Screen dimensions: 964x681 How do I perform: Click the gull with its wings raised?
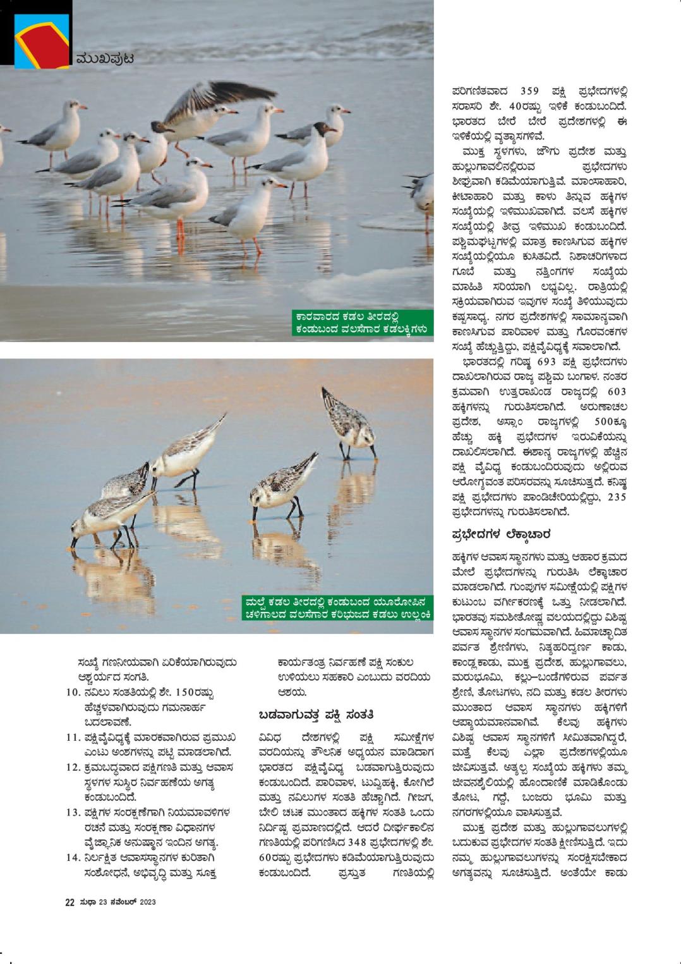click(208, 107)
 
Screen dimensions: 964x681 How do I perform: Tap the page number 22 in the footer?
click(70, 902)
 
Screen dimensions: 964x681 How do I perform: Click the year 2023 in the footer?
click(147, 902)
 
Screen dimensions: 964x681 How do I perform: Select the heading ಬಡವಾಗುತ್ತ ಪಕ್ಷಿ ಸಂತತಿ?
click(316, 715)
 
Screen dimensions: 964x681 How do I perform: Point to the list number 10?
click(72, 692)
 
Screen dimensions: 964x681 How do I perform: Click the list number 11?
click(72, 737)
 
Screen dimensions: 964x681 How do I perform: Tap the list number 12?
click(72, 767)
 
